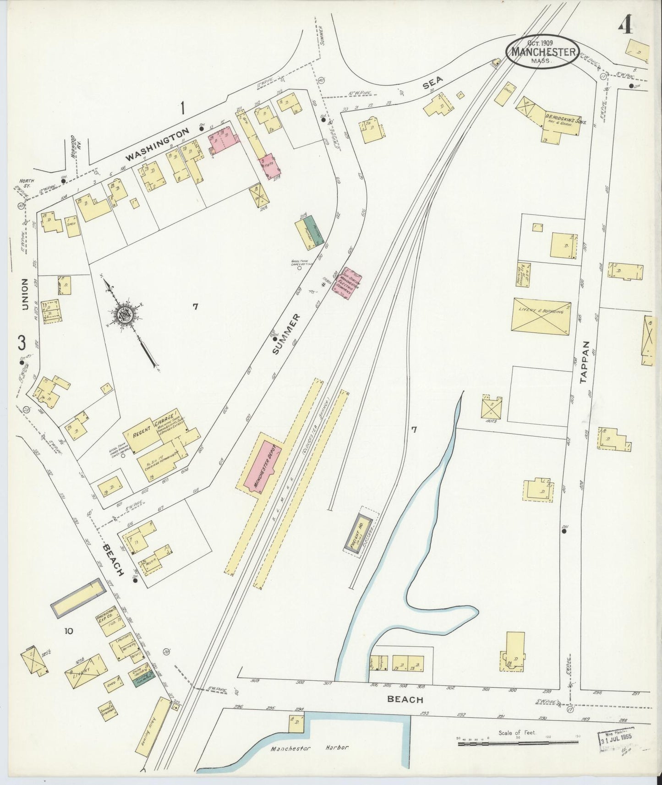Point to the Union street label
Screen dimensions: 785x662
[25, 294]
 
